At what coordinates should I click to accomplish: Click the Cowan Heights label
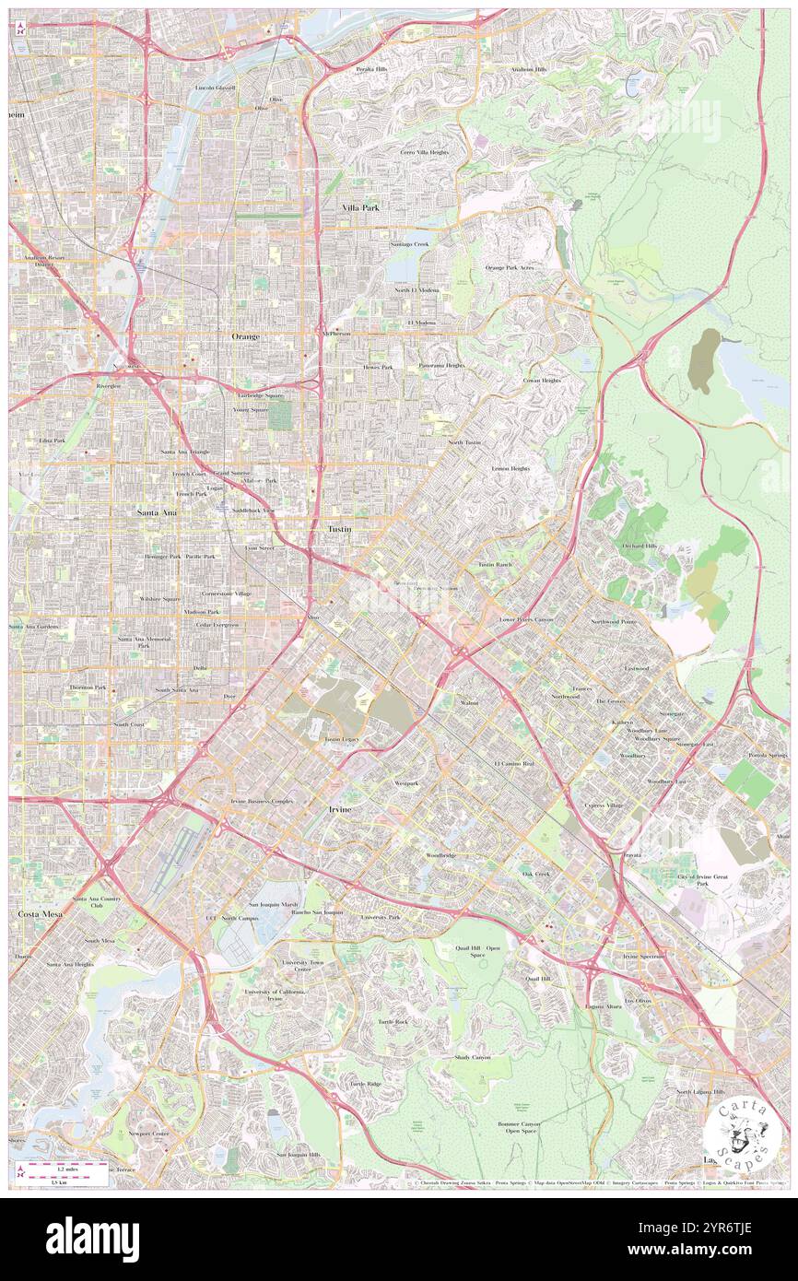coord(542,380)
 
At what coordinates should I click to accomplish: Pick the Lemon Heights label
coord(510,468)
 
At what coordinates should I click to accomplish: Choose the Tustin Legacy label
coord(341,739)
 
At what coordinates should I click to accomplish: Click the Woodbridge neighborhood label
coord(440,855)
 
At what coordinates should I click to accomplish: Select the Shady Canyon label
coord(473,1057)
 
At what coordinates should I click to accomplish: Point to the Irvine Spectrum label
coord(643,957)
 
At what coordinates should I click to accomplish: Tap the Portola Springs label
coord(769,756)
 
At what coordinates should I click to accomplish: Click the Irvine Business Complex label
coord(262,802)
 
